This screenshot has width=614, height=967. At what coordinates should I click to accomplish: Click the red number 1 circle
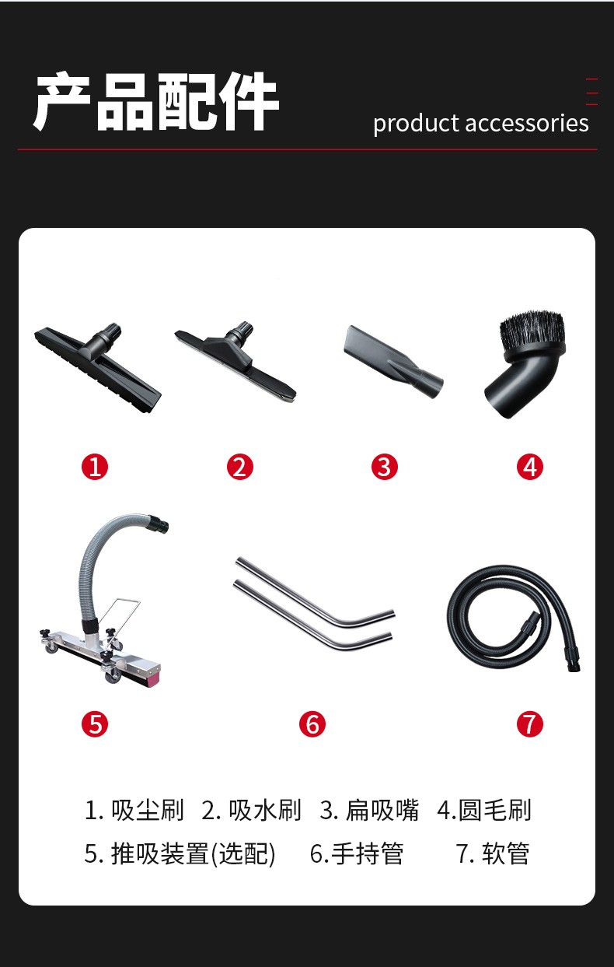95,467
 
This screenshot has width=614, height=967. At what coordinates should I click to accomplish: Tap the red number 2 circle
240,467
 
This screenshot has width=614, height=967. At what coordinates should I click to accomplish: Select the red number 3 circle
385,467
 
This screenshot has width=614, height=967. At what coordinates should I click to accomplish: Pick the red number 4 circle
530,467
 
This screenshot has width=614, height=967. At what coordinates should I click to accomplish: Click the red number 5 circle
95,724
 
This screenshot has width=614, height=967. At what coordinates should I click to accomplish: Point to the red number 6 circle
312,724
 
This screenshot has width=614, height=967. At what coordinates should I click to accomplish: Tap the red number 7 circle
530,724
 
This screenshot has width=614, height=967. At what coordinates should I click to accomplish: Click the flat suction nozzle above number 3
392,363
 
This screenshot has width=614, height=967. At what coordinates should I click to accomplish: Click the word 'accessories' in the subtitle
527,124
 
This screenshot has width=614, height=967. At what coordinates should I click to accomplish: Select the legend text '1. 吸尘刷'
134,811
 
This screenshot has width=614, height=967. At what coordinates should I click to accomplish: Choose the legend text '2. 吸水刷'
251,811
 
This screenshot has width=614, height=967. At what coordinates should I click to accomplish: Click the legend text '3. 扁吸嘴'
369,811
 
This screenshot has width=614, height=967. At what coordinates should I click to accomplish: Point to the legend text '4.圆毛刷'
483,811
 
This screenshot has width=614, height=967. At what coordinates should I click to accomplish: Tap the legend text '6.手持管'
357,853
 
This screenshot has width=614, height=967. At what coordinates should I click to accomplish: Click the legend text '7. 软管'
493,853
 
